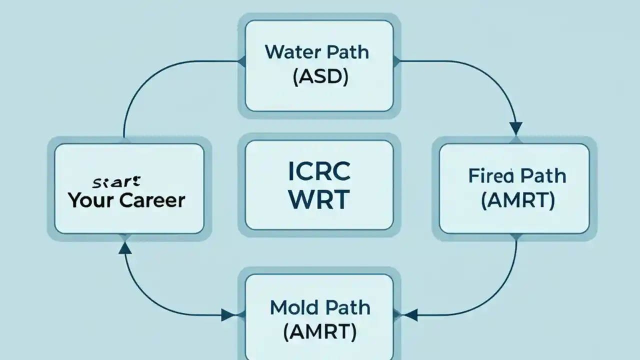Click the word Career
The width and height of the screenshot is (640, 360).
(x=152, y=200)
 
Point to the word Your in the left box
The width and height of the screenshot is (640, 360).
(x=91, y=200)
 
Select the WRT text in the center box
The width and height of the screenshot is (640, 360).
(x=319, y=200)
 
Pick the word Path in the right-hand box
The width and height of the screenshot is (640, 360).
(x=542, y=176)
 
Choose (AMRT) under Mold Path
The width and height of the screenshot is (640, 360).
(x=319, y=332)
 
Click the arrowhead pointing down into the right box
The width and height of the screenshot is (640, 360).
(x=515, y=129)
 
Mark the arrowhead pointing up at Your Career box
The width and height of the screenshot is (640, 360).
(x=125, y=247)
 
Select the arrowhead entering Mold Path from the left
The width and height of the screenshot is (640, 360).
(x=228, y=315)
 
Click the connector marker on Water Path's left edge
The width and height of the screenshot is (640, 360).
(x=241, y=61)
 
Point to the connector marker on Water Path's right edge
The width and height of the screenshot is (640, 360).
(x=397, y=61)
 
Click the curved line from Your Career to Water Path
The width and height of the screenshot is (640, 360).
(x=145, y=80)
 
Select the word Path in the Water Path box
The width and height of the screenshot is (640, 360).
(x=346, y=52)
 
